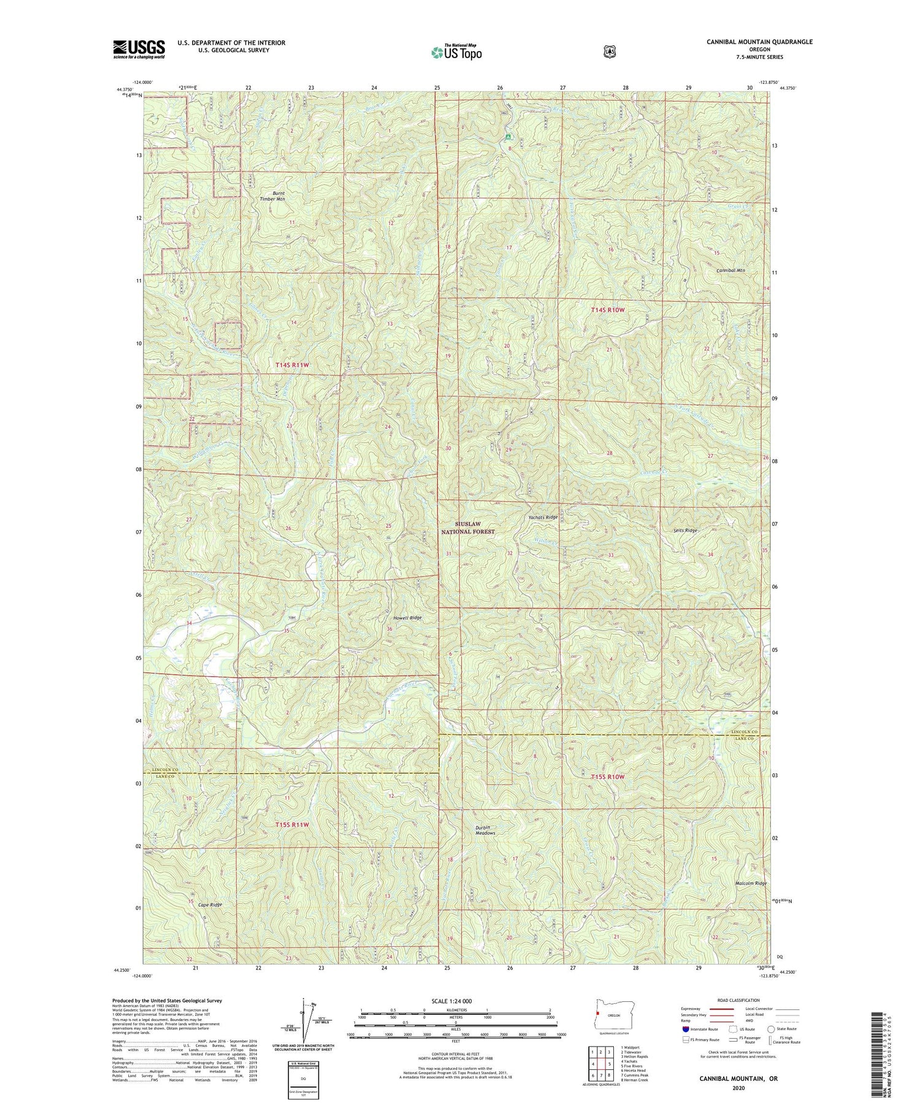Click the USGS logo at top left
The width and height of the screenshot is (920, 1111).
tap(139, 49)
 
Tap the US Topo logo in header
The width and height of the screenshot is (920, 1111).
tap(456, 52)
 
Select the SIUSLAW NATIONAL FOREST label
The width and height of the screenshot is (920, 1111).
tap(468, 528)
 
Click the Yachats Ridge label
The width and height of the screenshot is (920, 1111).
tap(543, 517)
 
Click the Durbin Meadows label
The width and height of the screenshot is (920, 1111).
tap(485, 830)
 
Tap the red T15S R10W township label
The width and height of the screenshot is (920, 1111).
tap(608, 777)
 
